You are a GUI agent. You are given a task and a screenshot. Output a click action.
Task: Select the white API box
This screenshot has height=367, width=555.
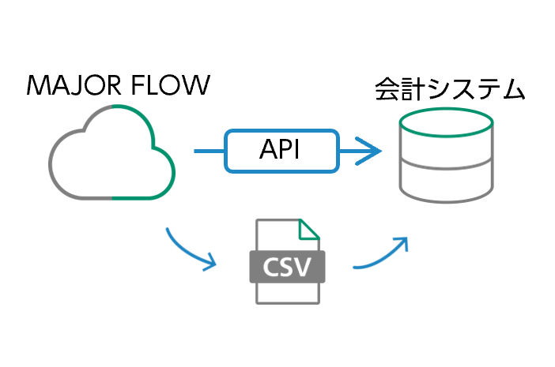pyautogui.click(x=281, y=150)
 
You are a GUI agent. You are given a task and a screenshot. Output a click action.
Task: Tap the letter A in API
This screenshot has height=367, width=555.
pyautogui.click(x=269, y=150)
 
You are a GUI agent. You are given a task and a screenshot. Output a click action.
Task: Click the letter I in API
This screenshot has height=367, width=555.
pyautogui.click(x=298, y=150)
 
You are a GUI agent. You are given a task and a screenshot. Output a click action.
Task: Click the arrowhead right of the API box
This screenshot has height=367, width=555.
pyautogui.click(x=372, y=150)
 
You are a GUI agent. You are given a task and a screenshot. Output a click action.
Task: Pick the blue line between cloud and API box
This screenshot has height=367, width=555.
pyautogui.click(x=210, y=150)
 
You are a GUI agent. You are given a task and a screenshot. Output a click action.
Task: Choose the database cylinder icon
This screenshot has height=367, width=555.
pyautogui.click(x=447, y=155)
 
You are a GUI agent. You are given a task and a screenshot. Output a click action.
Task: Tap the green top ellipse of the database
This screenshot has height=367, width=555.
pyautogui.click(x=447, y=122)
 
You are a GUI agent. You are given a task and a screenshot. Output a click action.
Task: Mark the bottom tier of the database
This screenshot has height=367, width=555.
pyautogui.click(x=447, y=183)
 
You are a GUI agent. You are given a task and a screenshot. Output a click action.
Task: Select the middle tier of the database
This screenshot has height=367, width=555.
pyautogui.click(x=447, y=154)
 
